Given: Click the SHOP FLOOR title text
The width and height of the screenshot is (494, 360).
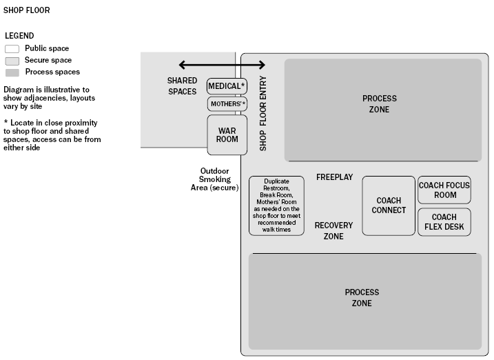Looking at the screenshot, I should pos(26,11).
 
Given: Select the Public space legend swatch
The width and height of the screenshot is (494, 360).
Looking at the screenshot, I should pos(12,49).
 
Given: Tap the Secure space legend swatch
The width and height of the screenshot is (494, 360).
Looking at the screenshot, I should pos(12,61).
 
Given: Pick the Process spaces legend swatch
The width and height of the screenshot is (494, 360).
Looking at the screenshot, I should pos(12,72).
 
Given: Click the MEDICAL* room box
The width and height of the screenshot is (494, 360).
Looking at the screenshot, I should pos(227,86).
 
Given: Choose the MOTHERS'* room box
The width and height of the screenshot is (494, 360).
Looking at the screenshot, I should pos(227,104).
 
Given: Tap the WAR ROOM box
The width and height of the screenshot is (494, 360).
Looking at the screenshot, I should pos(227,134).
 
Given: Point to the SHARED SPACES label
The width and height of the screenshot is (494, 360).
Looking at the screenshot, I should pos(182,86).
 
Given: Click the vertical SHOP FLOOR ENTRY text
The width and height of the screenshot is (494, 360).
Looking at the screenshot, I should pos(263,113).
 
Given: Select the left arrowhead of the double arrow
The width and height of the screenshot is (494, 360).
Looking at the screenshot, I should pos(183,65).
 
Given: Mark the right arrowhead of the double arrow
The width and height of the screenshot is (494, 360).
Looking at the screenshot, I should pos(261,65).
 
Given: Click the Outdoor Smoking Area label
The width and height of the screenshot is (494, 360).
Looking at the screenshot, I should pos(214,179).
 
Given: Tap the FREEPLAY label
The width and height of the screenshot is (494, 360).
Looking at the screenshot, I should pos(334,177).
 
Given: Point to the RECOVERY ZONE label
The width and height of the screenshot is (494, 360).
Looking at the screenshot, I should pos(333,231).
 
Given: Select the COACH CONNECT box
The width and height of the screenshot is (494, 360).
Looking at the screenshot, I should pos(389,206).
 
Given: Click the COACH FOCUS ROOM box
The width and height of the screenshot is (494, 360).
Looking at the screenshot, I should pos(444,190).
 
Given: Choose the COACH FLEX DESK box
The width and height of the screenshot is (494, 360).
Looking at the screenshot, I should pos(444,222).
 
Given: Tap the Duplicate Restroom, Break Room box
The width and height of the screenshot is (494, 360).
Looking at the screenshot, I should pos(276,206).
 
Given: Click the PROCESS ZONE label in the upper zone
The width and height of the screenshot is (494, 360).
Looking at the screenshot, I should pos(380,104).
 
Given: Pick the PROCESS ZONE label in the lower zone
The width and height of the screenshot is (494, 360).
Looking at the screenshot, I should pos(362,298).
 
